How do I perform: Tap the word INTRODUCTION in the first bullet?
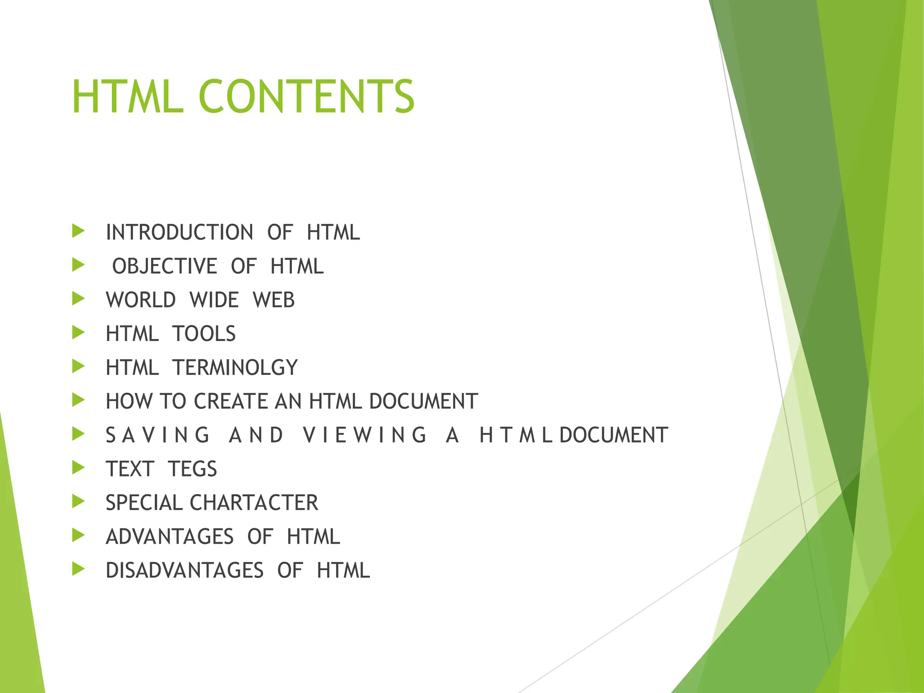[180, 232]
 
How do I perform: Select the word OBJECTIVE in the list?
[165, 266]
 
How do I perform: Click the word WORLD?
[141, 300]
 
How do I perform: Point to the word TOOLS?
[204, 334]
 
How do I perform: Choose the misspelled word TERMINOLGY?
[235, 368]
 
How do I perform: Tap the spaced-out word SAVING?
[158, 435]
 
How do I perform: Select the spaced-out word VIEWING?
[365, 435]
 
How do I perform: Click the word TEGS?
[193, 469]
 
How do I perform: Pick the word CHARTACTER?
[254, 503]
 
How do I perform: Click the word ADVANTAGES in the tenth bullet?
[170, 537]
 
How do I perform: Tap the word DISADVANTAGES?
[185, 571]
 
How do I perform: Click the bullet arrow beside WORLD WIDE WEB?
[79, 299]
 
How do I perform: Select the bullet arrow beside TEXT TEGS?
[79, 468]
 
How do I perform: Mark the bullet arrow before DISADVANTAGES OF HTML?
[79, 569]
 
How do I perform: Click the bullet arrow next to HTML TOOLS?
[79, 333]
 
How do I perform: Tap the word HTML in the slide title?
[128, 97]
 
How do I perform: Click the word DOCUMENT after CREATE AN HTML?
[423, 402]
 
